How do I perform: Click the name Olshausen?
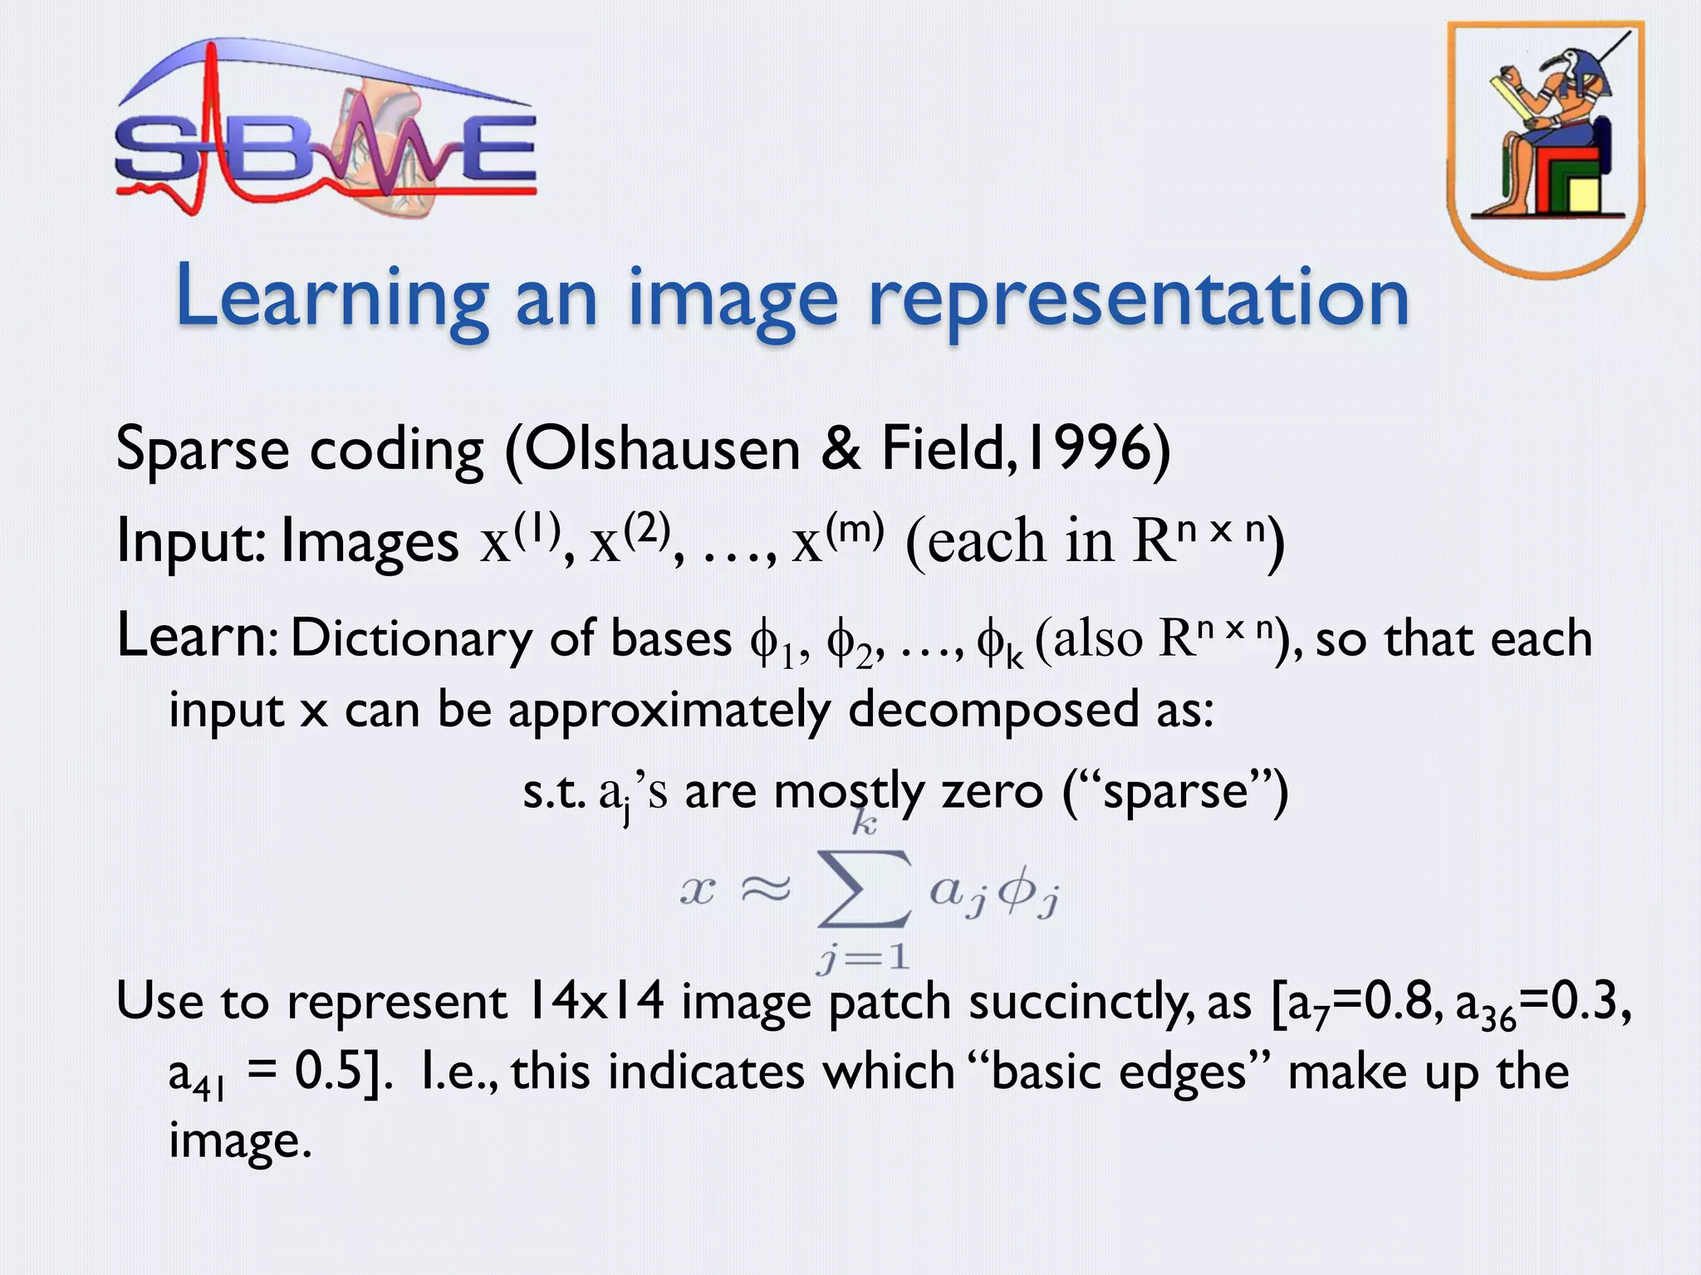(662, 449)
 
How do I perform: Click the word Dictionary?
(411, 639)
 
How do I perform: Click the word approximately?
(669, 711)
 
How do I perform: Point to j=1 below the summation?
(864, 959)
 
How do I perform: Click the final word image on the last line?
(239, 1141)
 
